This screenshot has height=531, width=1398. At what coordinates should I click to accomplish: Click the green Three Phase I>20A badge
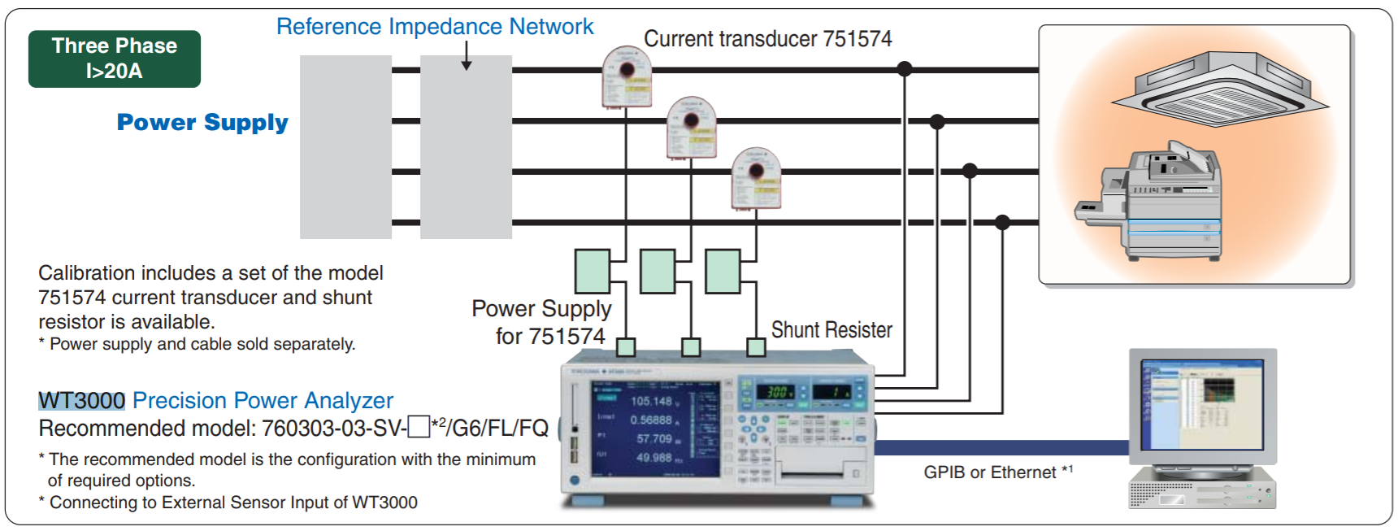[114, 59]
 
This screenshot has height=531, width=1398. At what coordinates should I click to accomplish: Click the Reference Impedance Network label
[435, 27]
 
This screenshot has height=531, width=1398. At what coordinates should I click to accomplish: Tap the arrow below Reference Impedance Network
[467, 57]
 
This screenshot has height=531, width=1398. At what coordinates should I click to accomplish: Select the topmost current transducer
[627, 76]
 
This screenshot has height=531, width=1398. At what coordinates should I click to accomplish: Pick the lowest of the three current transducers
[756, 177]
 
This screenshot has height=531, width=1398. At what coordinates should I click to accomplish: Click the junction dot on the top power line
[904, 69]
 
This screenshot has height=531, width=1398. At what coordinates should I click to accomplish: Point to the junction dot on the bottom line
[1002, 222]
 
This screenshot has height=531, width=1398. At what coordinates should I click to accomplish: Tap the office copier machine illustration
[1154, 203]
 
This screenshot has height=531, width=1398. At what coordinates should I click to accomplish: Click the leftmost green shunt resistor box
[593, 272]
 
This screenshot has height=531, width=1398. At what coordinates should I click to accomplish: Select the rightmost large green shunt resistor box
[723, 272]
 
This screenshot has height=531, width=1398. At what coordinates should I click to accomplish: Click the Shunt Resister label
[831, 330]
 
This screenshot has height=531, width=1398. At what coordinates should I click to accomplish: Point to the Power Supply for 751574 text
[543, 322]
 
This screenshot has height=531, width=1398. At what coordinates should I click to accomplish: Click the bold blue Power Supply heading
[202, 122]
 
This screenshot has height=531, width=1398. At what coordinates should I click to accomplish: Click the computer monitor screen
[1202, 404]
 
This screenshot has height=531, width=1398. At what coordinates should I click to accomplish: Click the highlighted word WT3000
[81, 400]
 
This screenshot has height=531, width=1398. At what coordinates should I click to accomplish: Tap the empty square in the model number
[418, 426]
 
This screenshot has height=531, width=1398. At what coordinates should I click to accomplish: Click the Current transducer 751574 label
[767, 39]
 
